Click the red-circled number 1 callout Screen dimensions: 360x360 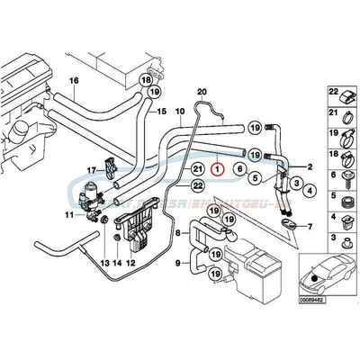click(x=215, y=166)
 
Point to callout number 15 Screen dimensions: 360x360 click(x=162, y=112)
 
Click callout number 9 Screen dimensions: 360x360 click(x=179, y=265)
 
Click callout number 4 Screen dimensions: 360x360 click(x=309, y=191)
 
